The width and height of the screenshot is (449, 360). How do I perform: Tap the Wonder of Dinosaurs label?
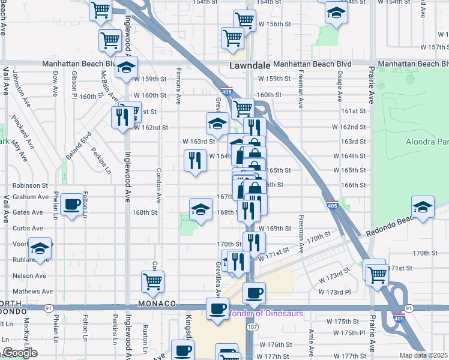coord(264,313)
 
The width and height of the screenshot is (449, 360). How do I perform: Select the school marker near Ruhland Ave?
coord(40,248)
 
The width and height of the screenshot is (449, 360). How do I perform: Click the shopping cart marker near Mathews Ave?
coord(153,280)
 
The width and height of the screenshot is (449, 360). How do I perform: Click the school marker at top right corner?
coord(336,11)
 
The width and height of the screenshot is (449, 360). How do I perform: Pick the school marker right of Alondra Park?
coord(423,207)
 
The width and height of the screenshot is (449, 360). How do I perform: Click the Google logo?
coord(20,353)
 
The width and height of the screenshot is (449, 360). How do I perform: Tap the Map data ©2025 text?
coord(424,355)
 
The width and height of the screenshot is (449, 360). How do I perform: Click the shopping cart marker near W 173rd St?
coord(377,274)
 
